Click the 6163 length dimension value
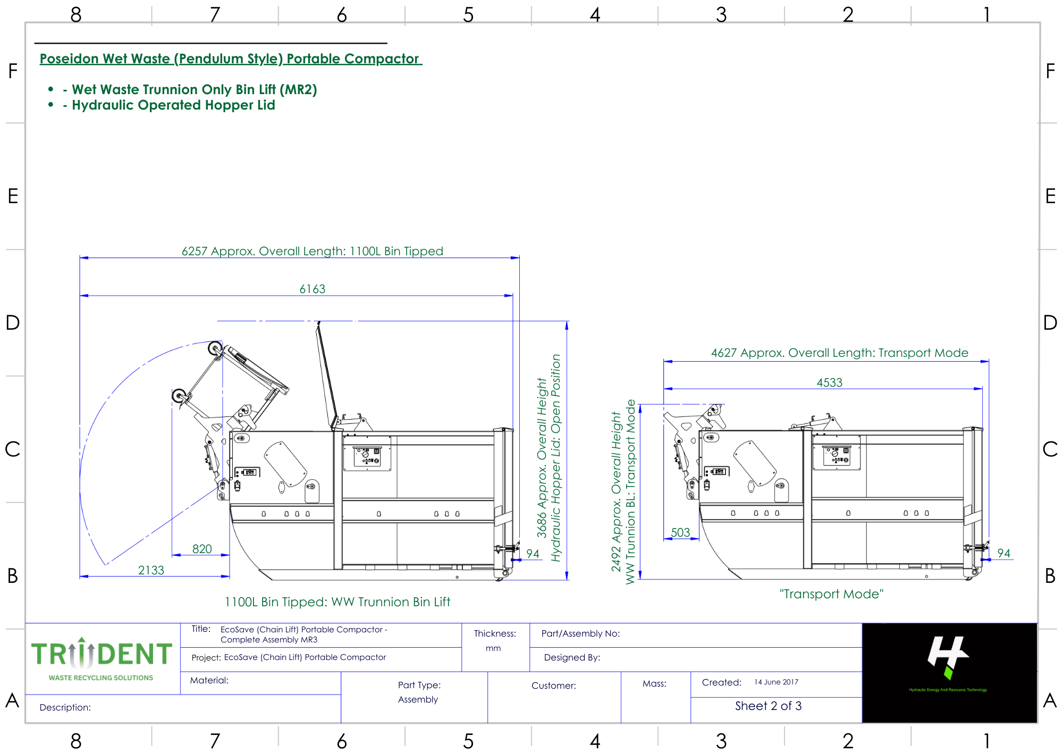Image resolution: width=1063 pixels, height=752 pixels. (x=313, y=289)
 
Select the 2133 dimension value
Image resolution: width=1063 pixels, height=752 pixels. (x=151, y=570)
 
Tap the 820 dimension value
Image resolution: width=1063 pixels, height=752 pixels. (x=202, y=549)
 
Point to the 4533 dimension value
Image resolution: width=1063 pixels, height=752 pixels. (x=830, y=382)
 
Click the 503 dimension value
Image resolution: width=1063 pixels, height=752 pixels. (x=680, y=532)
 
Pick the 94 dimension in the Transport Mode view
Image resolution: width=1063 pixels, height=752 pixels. (x=1003, y=553)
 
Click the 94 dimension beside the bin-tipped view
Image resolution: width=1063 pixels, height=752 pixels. (x=533, y=554)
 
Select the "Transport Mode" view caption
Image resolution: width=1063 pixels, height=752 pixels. (x=831, y=594)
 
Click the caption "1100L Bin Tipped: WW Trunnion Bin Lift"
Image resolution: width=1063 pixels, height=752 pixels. (x=338, y=602)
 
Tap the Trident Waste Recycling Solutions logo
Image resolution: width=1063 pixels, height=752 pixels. (x=102, y=659)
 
